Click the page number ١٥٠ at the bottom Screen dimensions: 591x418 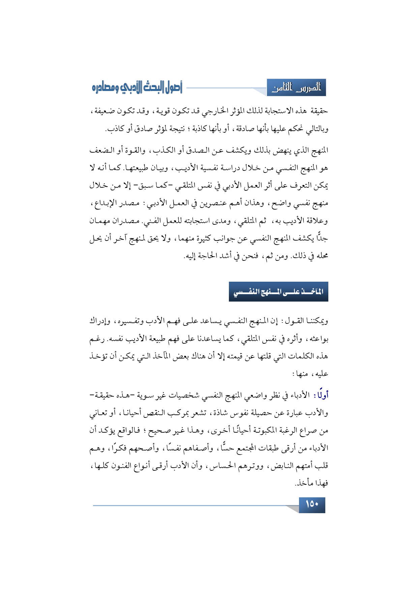[312, 504]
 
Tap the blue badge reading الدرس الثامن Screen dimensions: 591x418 [297, 88]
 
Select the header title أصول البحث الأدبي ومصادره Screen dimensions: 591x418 [137, 88]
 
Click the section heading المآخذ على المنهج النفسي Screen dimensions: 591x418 [278, 292]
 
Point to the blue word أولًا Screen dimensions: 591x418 [321, 395]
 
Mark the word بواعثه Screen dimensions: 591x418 [318, 339]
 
